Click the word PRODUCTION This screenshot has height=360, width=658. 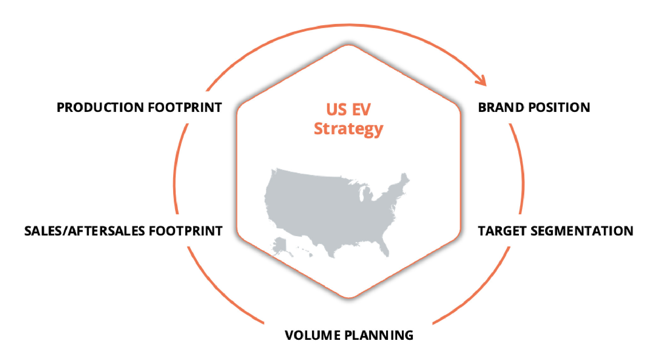pyautogui.click(x=100, y=107)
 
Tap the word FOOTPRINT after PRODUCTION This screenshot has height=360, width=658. pyautogui.click(x=185, y=107)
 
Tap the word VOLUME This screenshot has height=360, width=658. pyautogui.click(x=313, y=335)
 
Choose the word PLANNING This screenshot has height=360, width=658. pyautogui.click(x=379, y=335)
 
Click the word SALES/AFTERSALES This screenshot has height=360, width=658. pyautogui.click(x=84, y=231)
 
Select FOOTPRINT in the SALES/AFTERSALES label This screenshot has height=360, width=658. pyautogui.click(x=186, y=231)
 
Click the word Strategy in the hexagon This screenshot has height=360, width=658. pyautogui.click(x=349, y=129)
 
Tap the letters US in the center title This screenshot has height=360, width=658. pyautogui.click(x=337, y=110)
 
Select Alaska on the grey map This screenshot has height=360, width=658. pyautogui.click(x=279, y=246)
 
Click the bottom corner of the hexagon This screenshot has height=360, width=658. pyautogui.click(x=349, y=297)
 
